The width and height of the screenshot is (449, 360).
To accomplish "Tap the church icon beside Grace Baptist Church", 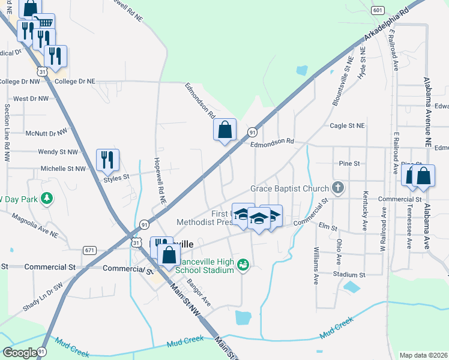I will pos(338,188).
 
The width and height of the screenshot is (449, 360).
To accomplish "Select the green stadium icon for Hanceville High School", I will pos(243,265).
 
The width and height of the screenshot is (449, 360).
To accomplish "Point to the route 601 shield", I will pos(378,10).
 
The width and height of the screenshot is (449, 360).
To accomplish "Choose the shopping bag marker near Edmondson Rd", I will pos(224,130).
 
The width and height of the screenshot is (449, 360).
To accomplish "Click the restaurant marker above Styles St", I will pos(107,160).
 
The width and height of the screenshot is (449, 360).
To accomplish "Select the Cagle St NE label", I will pos(347,126).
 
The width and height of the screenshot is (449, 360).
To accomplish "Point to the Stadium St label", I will pos(349,275).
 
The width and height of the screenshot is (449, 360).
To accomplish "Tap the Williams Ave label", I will pos(316,266).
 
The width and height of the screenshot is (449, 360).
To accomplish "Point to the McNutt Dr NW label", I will pos(47,133).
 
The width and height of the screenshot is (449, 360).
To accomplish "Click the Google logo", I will pos(20,353).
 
